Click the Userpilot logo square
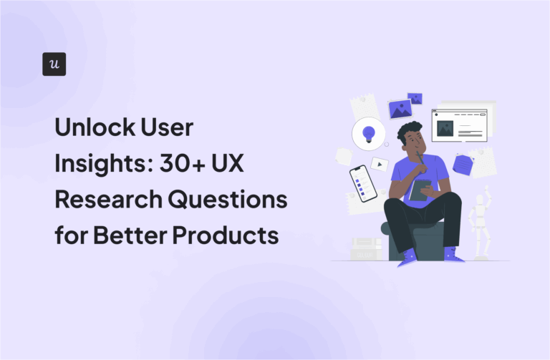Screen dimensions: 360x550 coord(54,64)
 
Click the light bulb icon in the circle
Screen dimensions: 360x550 coord(369,134)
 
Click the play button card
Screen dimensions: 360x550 coord(380,164)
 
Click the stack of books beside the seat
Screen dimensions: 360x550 coord(365,248)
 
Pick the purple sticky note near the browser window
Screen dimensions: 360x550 coord(463,164)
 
